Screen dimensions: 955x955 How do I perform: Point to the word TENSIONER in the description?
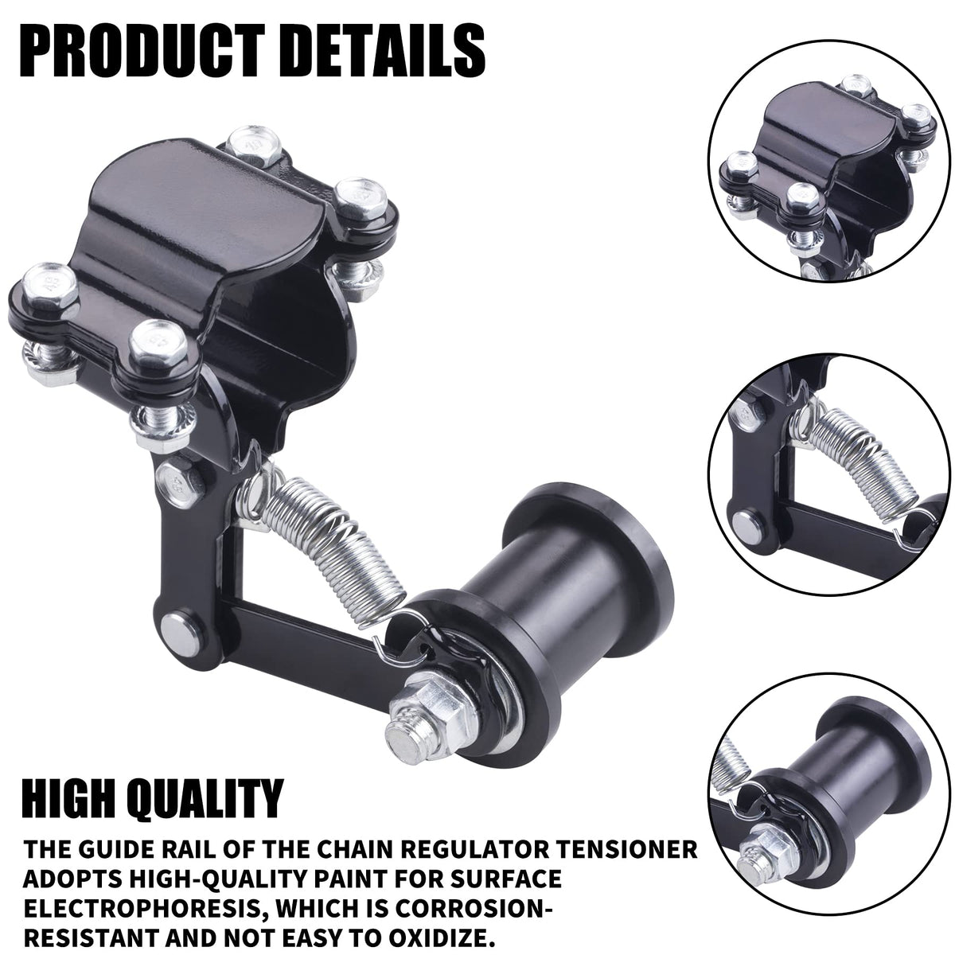click(619, 836)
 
